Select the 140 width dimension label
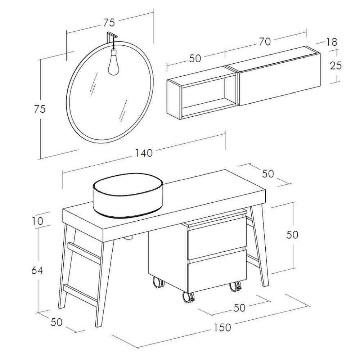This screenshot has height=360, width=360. pos(144,153)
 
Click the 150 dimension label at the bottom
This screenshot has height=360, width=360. pos(222,327)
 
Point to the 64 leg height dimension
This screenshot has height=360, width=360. pos(37,270)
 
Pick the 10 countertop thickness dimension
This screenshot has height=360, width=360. pos(37,221)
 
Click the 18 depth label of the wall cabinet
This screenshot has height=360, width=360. pos(331,42)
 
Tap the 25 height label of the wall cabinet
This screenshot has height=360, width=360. pos(336,66)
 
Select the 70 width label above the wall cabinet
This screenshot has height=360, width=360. pos(265,42)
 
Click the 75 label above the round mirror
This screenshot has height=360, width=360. pos(109,22)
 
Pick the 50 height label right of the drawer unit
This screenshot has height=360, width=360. pos(292,235)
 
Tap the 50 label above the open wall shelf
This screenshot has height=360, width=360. pos(195,59)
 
